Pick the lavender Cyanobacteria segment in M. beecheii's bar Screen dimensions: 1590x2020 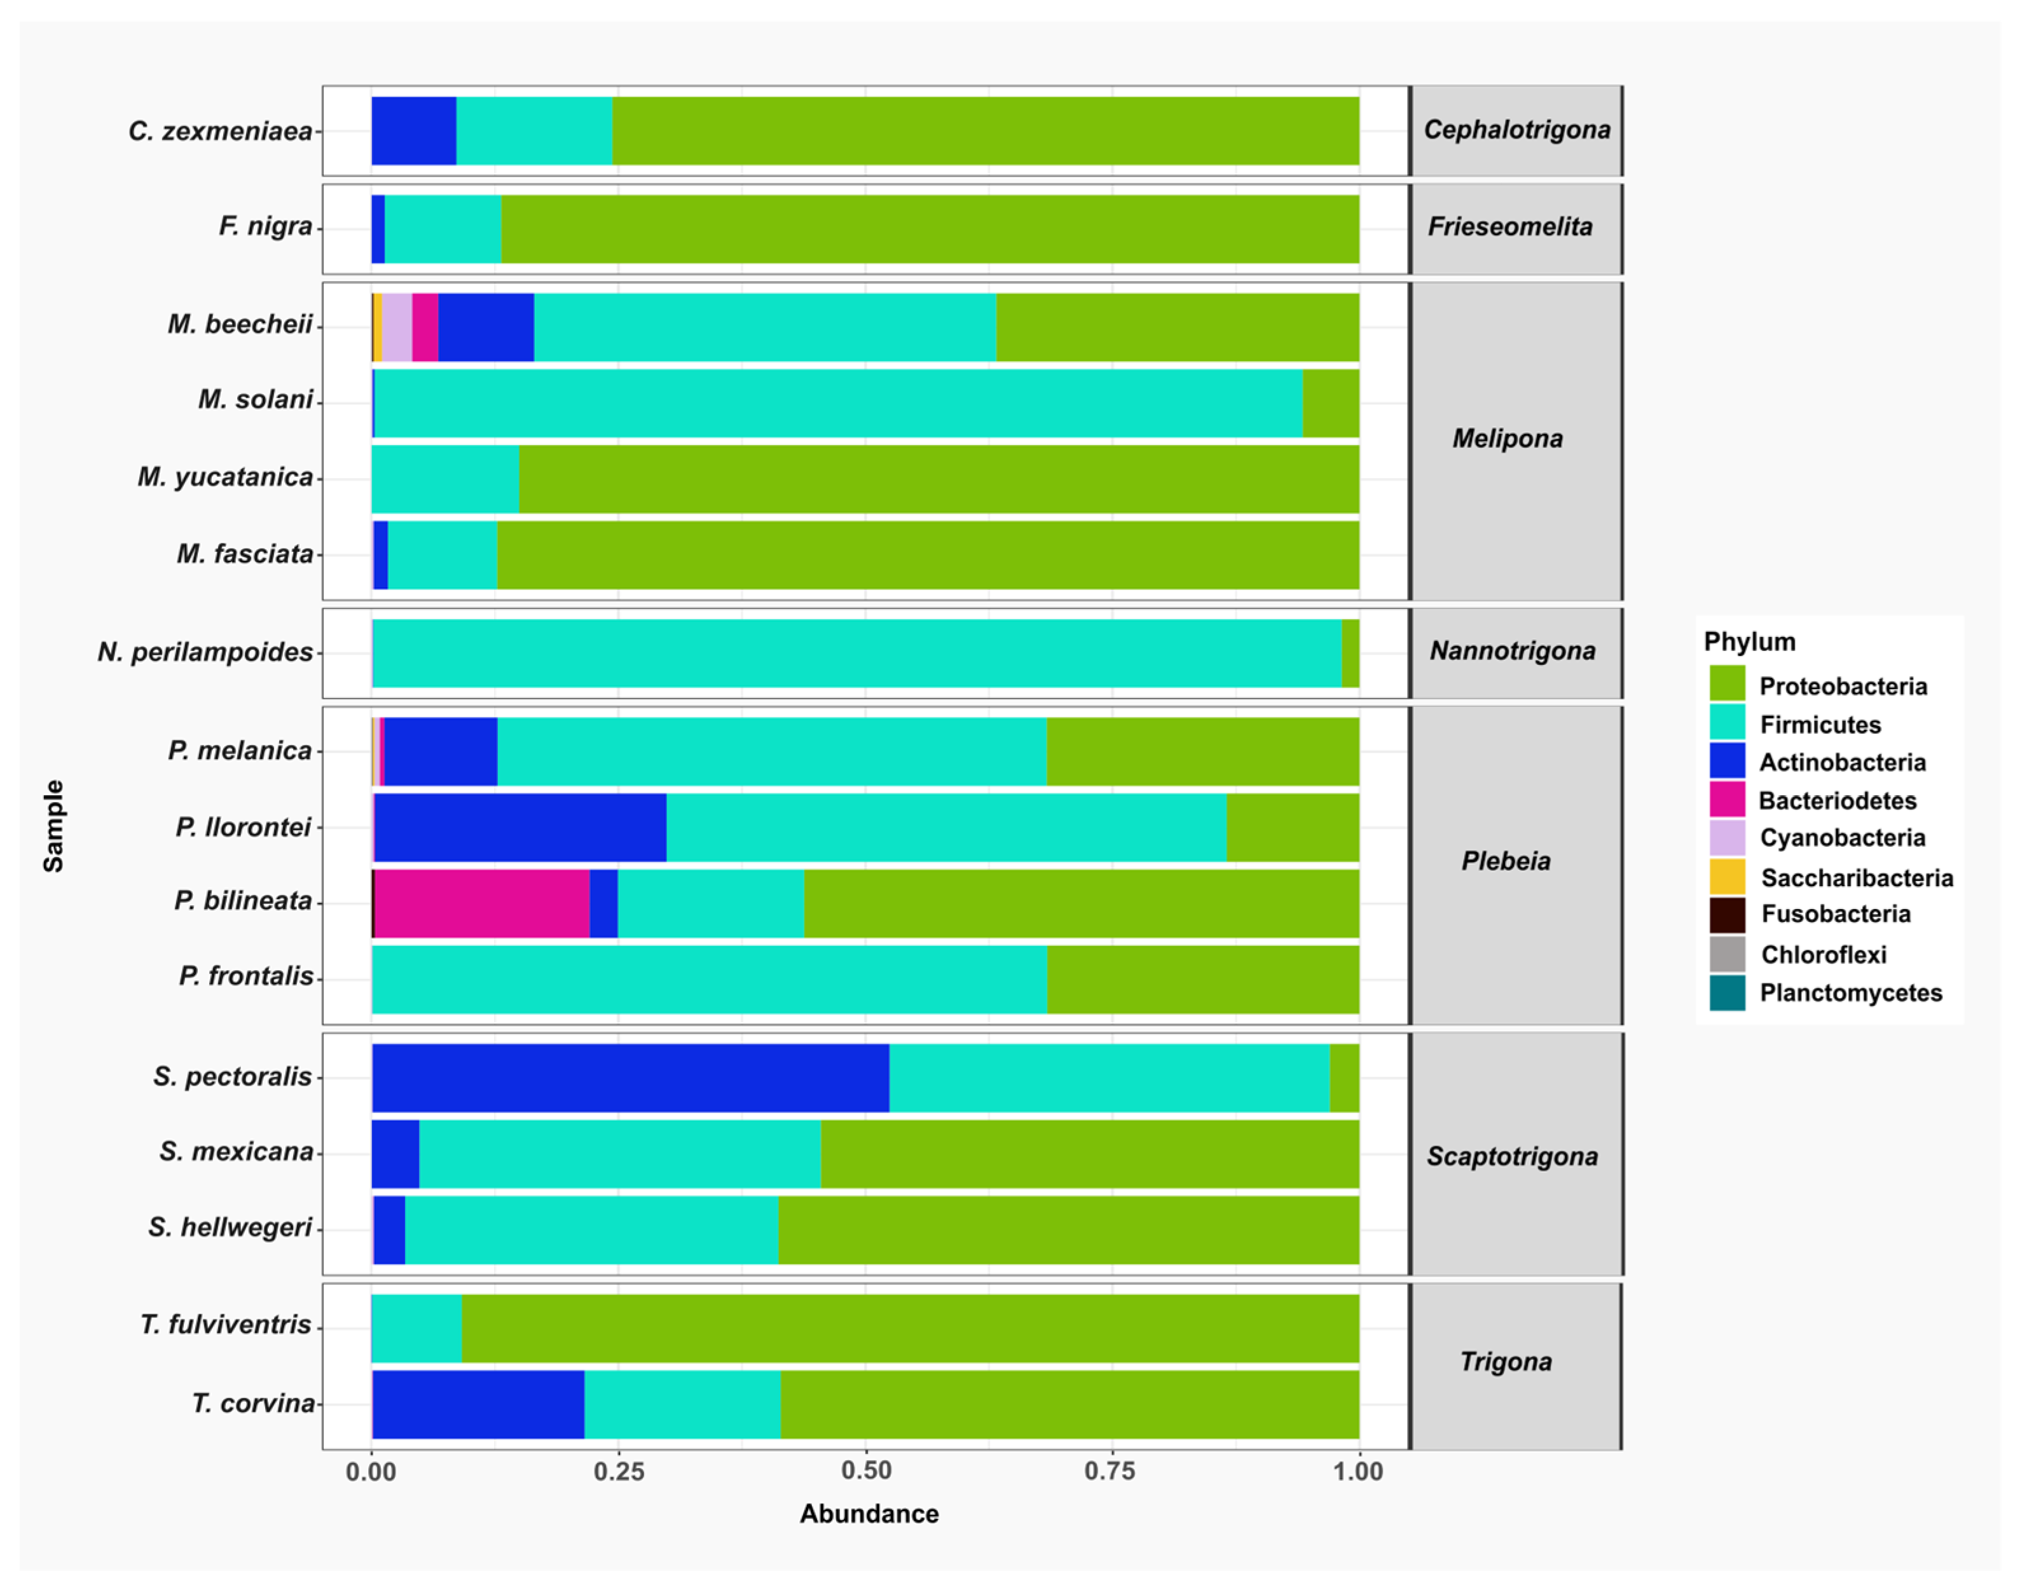coord(397,327)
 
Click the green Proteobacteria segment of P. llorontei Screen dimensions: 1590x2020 coord(1292,828)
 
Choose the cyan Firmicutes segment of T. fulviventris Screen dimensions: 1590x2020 coord(416,1329)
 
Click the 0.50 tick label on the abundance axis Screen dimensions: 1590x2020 coord(866,1472)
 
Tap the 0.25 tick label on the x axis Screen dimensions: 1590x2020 coord(618,1472)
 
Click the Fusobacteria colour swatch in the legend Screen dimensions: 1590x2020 coord(1727,915)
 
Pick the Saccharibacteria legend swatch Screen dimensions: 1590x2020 coord(1727,877)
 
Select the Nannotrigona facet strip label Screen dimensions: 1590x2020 coord(1513,651)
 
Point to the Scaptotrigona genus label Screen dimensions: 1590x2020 coord(1513,1156)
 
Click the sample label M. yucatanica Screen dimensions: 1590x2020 coord(225,477)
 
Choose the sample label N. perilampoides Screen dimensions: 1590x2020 coord(205,652)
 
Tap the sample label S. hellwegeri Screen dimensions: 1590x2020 coord(230,1228)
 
